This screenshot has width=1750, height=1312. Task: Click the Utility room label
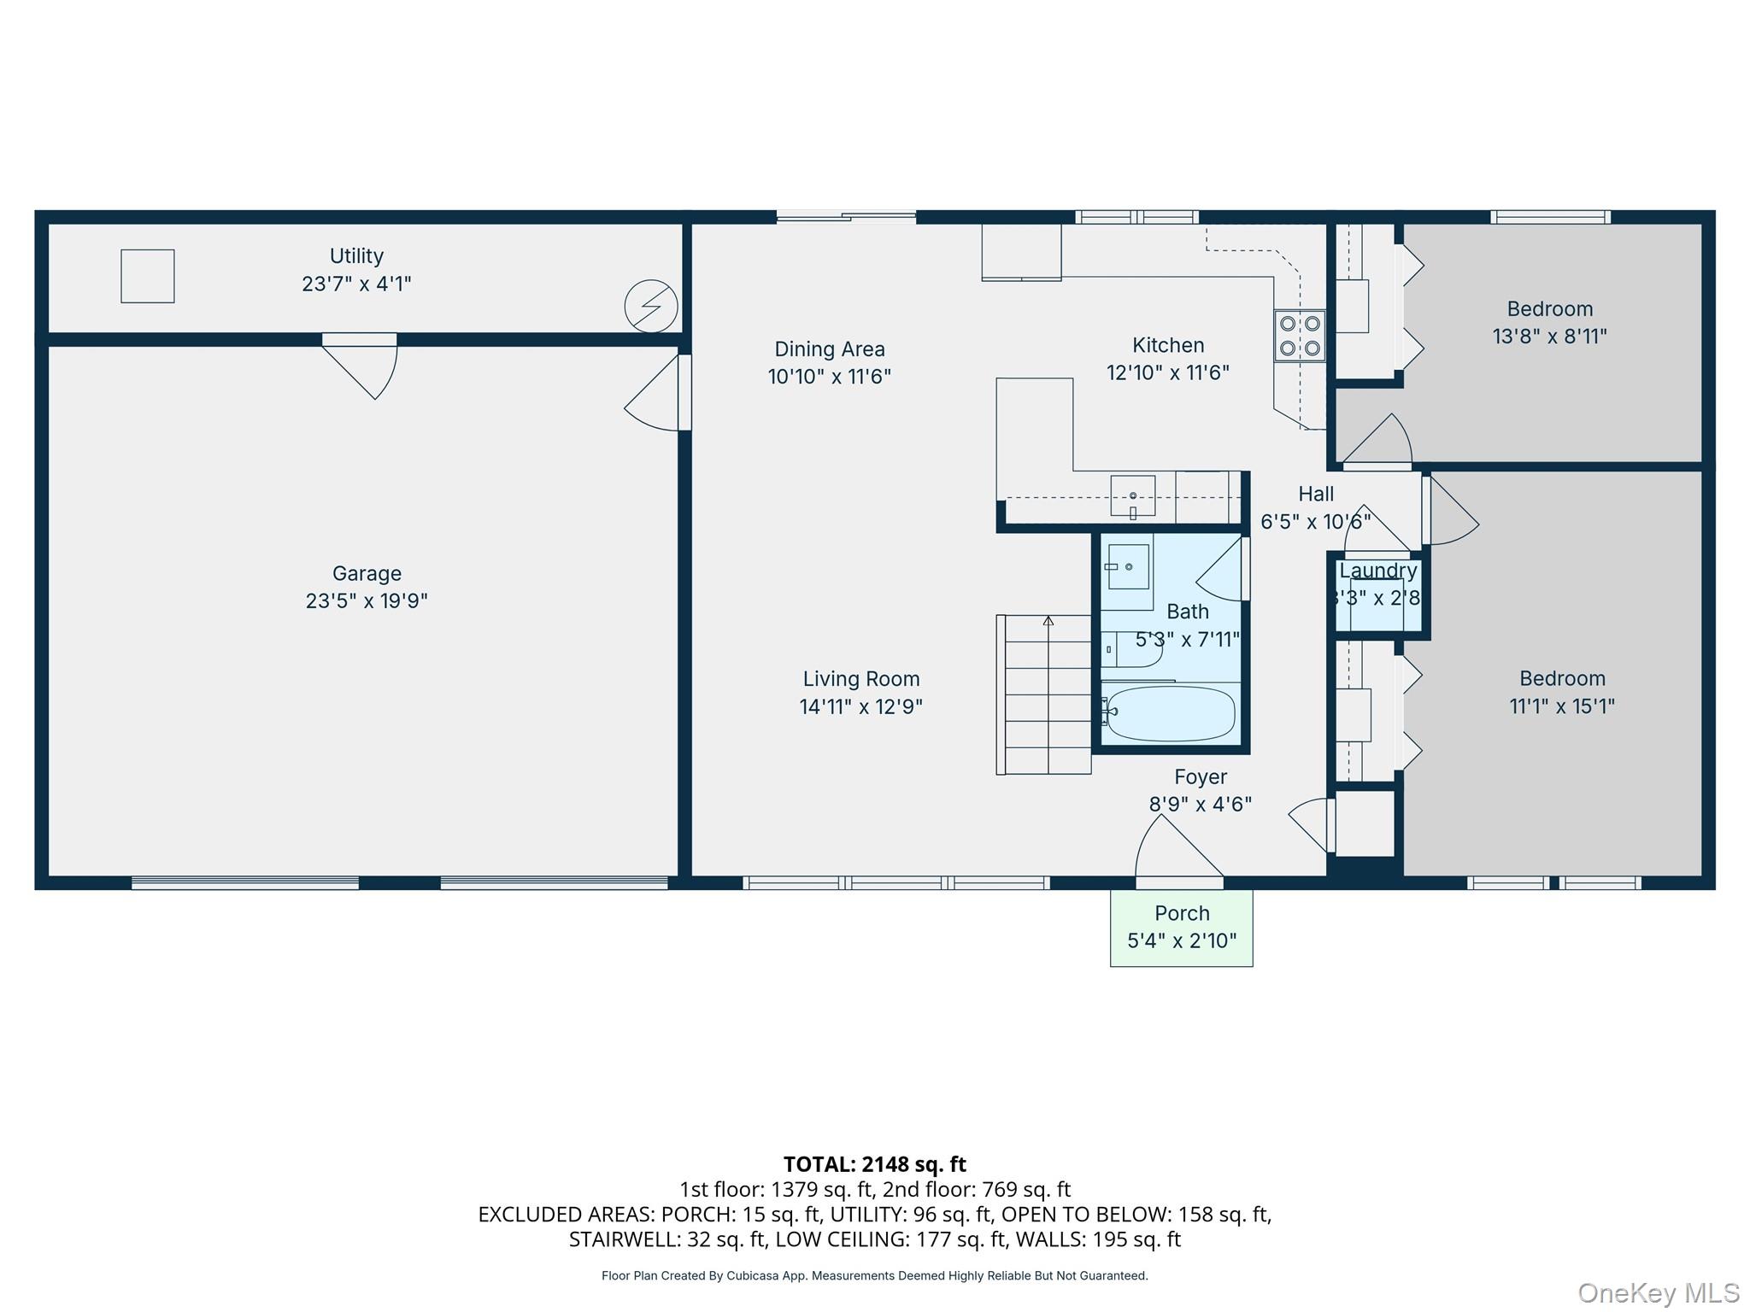(356, 256)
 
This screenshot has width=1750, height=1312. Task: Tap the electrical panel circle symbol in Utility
(651, 306)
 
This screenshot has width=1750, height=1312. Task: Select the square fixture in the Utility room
(148, 276)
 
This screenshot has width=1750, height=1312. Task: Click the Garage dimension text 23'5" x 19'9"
(367, 601)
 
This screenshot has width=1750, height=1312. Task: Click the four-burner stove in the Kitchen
(1300, 336)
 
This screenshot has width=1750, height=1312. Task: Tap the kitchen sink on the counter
(1133, 496)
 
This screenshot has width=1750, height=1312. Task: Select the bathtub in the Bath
(1168, 713)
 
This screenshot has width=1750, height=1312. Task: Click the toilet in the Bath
(1130, 650)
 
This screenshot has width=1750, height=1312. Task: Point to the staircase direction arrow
(1048, 621)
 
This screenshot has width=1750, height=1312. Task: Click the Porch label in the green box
(1182, 913)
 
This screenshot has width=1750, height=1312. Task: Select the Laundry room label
(1377, 571)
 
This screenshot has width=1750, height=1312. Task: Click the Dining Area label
(830, 349)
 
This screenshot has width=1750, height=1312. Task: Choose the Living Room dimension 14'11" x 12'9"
(860, 707)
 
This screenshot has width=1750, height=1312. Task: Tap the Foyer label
(1201, 777)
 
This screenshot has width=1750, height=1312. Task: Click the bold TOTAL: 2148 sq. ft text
(874, 1164)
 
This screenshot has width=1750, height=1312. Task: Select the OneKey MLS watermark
(1658, 1293)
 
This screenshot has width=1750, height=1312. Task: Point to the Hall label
(1316, 495)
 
